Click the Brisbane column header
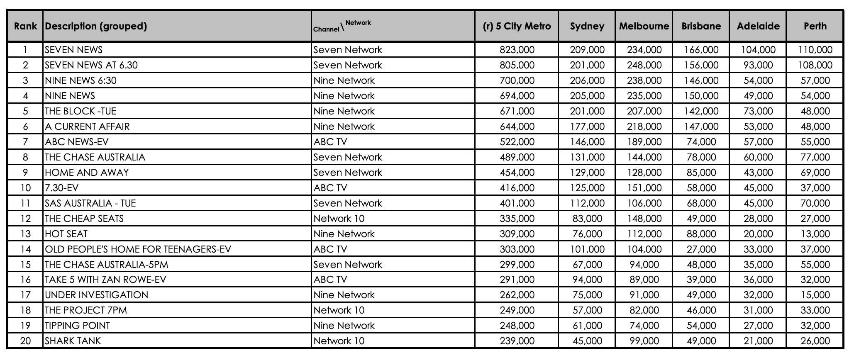coord(701,26)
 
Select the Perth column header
coord(815,26)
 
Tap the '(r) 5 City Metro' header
coord(517,26)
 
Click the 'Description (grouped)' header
coord(96,26)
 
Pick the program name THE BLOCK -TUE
coord(81,111)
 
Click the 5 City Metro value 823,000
coord(517,50)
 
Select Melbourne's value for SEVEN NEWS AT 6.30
coord(644,65)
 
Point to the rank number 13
coord(25,234)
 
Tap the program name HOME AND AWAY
coord(87,173)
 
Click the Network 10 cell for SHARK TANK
coord(339,341)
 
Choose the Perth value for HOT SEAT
coord(815,234)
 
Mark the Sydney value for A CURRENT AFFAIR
coord(587,126)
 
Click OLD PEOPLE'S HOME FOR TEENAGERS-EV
coord(138,249)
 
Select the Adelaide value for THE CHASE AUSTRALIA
coord(758,157)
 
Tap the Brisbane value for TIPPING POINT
coord(701,326)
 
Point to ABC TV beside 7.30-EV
coord(330,188)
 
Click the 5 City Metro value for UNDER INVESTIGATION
coord(517,295)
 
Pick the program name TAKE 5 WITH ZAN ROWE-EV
coord(105,280)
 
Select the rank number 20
coord(25,341)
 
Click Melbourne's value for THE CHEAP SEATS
coord(644,219)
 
